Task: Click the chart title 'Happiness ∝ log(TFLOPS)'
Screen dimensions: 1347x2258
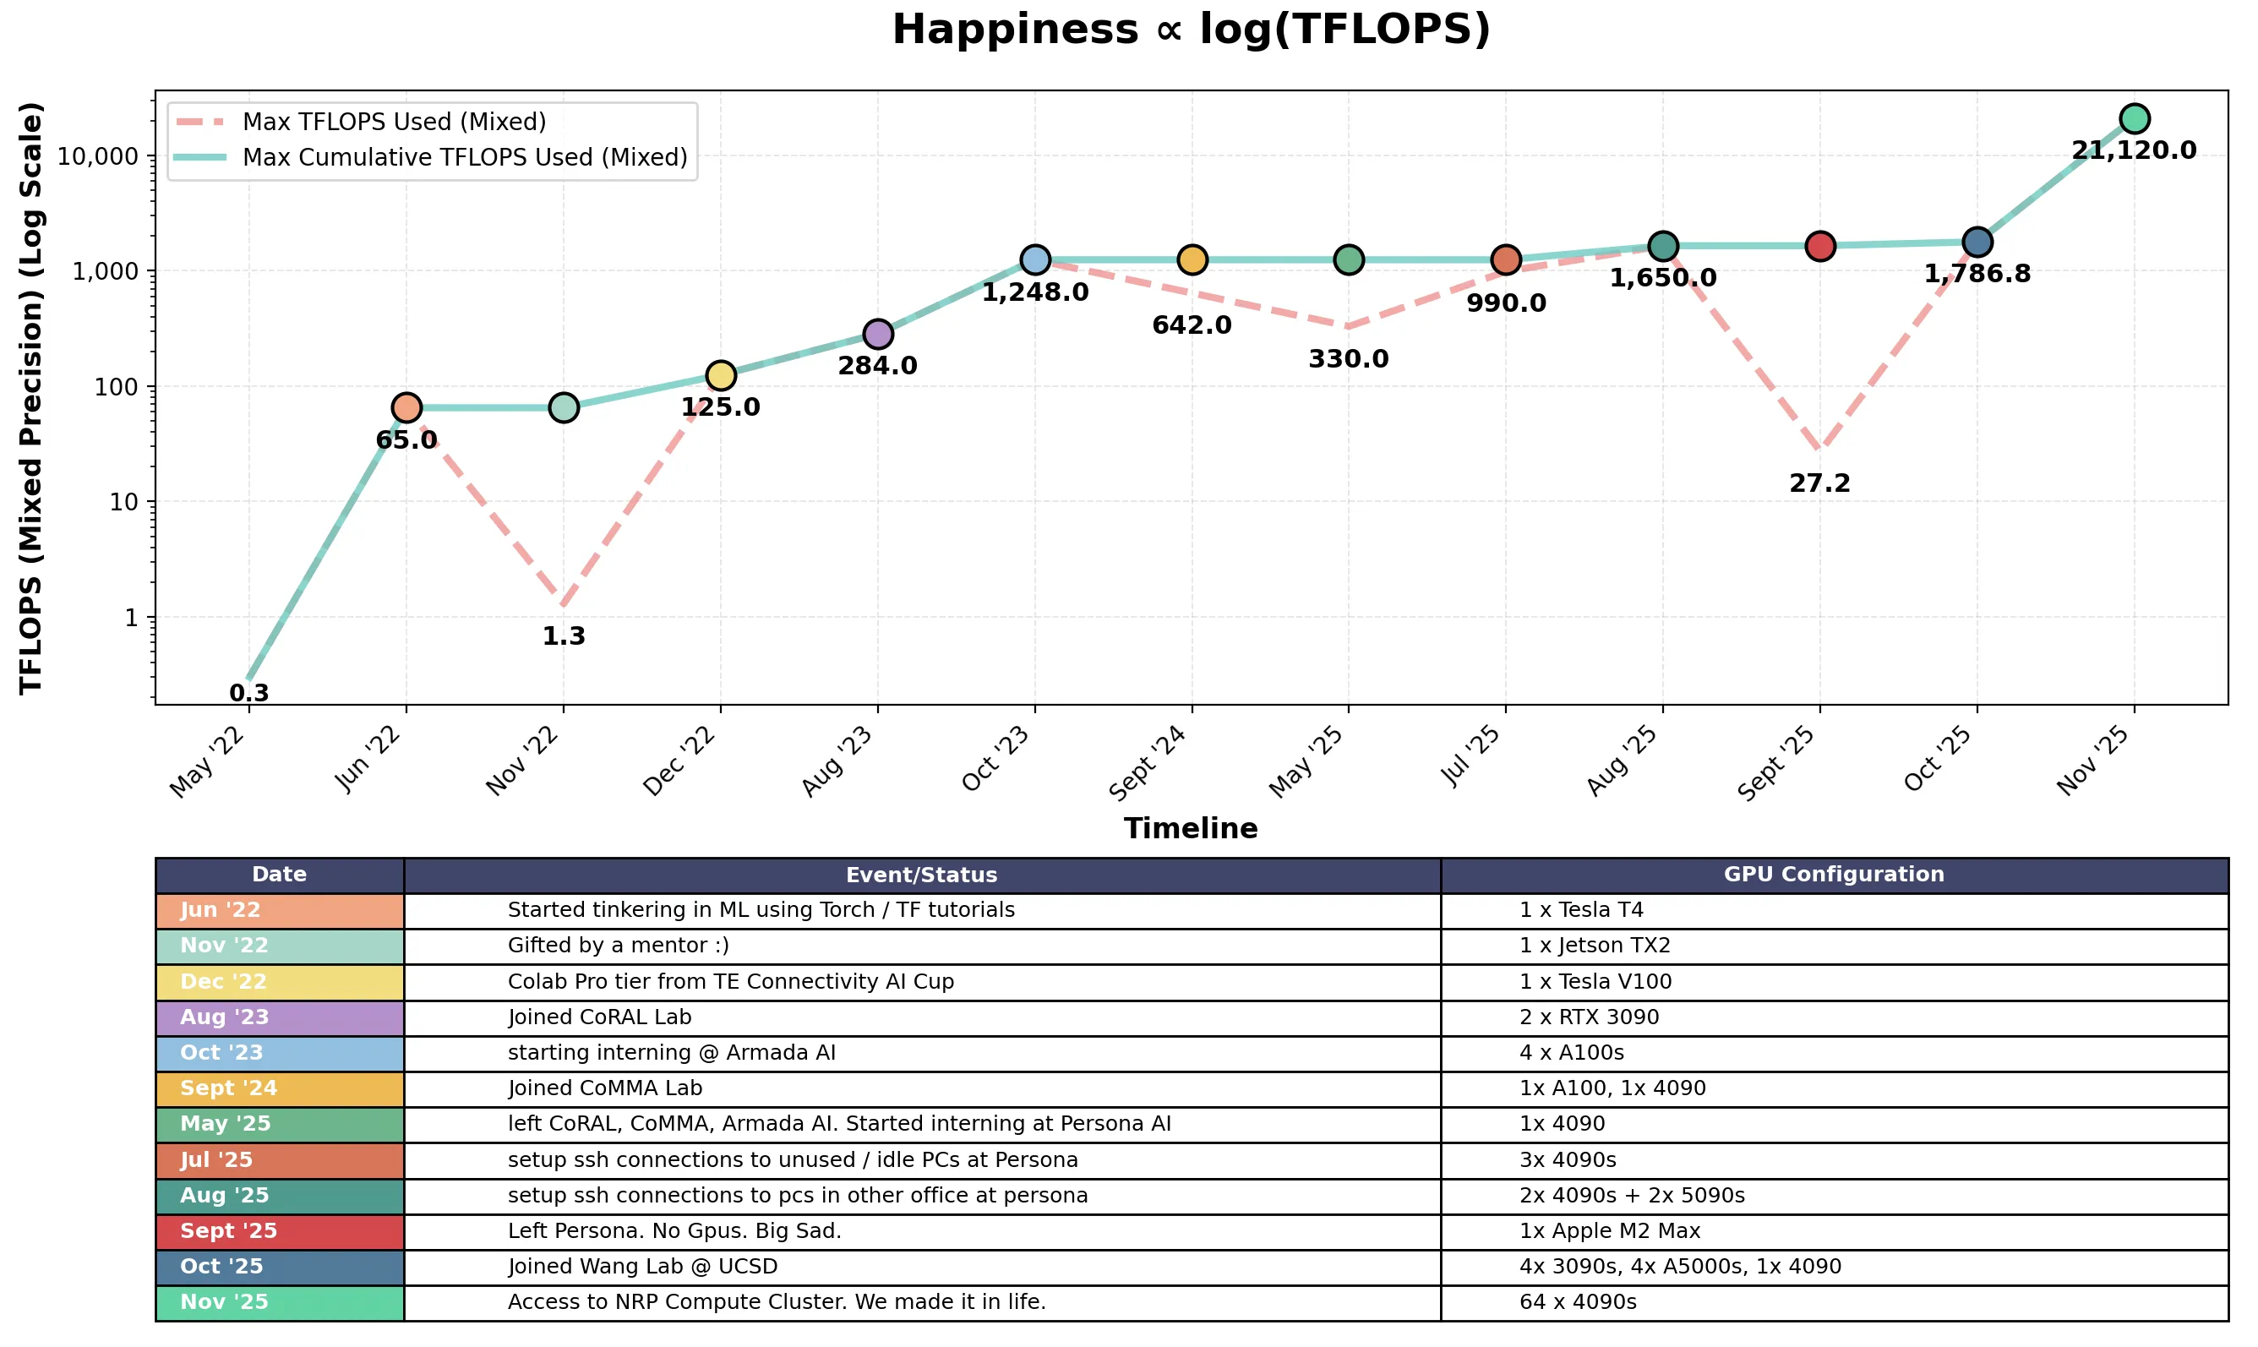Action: pyautogui.click(x=1191, y=30)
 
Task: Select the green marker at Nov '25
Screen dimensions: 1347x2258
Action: pyautogui.click(x=2134, y=119)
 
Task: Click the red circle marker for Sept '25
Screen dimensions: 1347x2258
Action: pyautogui.click(x=1819, y=246)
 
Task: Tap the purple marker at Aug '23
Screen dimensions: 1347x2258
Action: pyautogui.click(x=878, y=334)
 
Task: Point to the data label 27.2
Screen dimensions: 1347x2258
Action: pyautogui.click(x=1819, y=483)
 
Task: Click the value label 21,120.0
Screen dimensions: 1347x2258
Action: pyautogui.click(x=2134, y=150)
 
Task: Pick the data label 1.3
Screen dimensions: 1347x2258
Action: pyautogui.click(x=564, y=636)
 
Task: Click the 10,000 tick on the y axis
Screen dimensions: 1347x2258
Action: pyautogui.click(x=98, y=157)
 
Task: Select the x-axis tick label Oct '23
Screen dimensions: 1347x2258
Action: pyautogui.click(x=996, y=761)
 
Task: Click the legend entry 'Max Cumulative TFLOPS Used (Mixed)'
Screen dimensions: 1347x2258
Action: pyautogui.click(x=465, y=158)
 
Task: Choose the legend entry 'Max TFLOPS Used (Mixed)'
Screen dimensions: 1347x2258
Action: pyautogui.click(x=394, y=122)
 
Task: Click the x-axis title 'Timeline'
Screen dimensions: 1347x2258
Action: pyautogui.click(x=1191, y=829)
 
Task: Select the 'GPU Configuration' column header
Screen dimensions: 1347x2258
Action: pyautogui.click(x=1833, y=875)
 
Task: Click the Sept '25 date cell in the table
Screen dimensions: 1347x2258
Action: pyautogui.click(x=280, y=1232)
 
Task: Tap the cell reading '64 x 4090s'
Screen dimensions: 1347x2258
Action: pyautogui.click(x=1578, y=1302)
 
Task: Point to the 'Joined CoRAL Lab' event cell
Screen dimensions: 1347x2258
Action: pyautogui.click(x=599, y=1017)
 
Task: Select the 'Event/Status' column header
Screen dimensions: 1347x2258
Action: pyautogui.click(x=921, y=875)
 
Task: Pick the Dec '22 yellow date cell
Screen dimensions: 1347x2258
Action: pyautogui.click(x=280, y=982)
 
